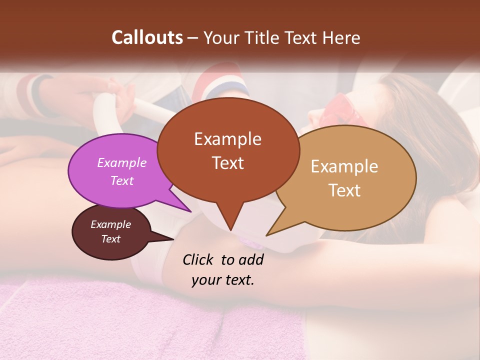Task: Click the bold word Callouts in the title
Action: (147, 37)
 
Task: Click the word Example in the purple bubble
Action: (122, 162)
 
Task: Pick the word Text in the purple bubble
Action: (122, 180)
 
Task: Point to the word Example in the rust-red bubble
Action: (227, 139)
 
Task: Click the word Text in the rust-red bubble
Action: (227, 163)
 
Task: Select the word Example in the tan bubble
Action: (344, 166)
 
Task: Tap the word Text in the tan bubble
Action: (344, 190)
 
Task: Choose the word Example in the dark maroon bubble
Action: (111, 224)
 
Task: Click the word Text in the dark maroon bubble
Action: (111, 239)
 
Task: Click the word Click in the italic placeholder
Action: (198, 259)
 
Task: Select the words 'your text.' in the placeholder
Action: (222, 280)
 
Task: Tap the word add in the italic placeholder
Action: (250, 259)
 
